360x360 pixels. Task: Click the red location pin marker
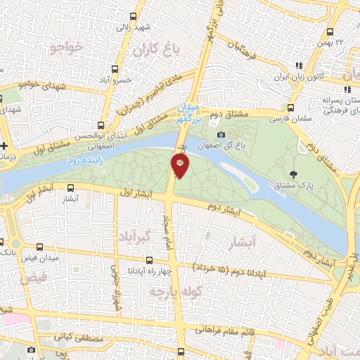coord(181,166)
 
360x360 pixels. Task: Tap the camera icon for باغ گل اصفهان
coord(221,135)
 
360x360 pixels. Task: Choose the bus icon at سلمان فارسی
coord(290,108)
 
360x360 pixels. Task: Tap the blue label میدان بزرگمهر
coord(188,114)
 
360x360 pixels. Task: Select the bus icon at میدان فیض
coord(39,247)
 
